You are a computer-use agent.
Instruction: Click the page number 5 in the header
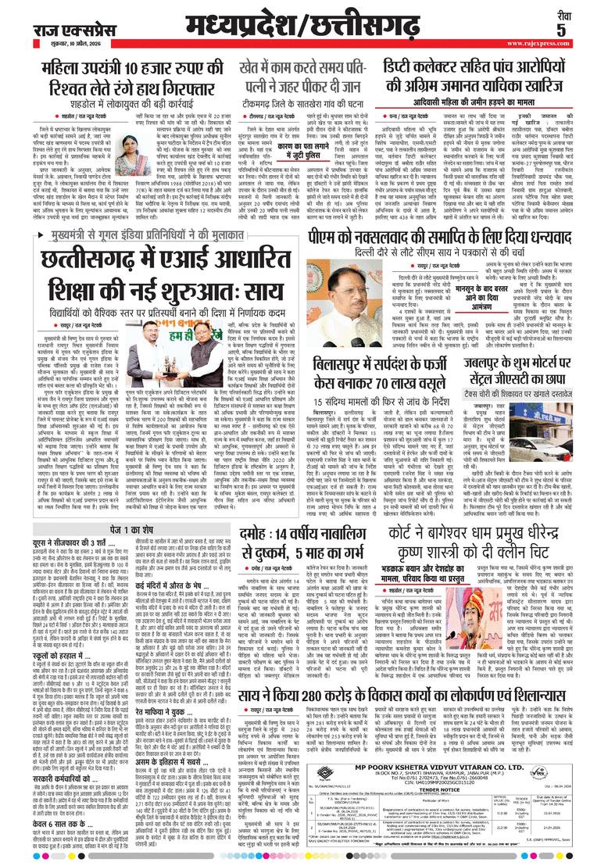point(583,30)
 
